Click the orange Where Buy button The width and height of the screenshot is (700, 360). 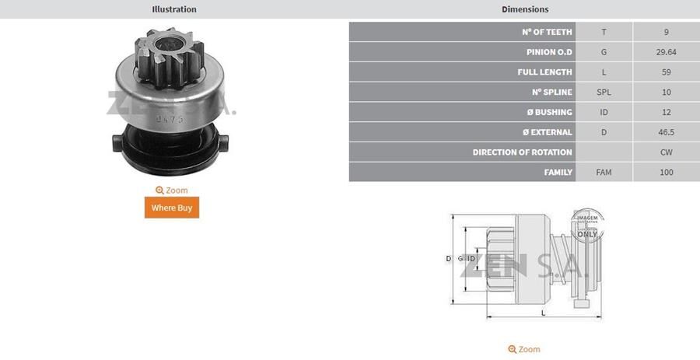click(172, 208)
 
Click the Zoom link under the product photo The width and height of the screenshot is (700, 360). click(172, 190)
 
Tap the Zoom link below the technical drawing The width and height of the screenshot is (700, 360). click(524, 349)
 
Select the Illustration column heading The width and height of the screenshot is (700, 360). click(174, 9)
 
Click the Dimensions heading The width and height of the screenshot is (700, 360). click(525, 9)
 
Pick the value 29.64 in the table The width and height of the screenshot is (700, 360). click(666, 52)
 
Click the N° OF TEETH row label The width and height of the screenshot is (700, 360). click(547, 32)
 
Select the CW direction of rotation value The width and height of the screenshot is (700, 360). click(666, 152)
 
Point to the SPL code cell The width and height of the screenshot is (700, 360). click(604, 93)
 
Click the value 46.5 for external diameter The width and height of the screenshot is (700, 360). click(666, 132)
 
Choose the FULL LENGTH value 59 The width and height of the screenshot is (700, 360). click(666, 72)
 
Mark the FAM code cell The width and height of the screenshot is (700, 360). click(604, 173)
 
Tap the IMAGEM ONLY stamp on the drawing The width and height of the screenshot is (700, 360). click(587, 225)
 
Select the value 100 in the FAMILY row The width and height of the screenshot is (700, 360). click(666, 173)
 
